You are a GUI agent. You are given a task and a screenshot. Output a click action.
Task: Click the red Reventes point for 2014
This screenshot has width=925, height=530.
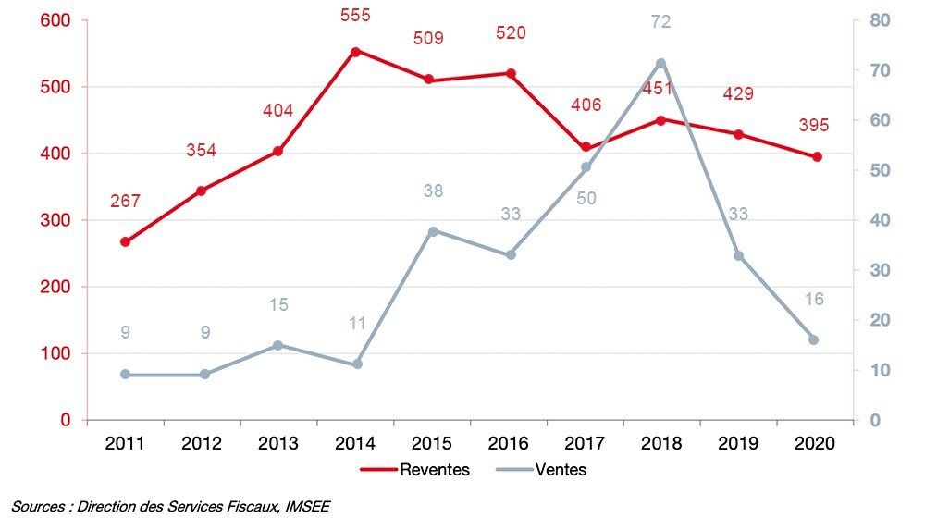pos(355,51)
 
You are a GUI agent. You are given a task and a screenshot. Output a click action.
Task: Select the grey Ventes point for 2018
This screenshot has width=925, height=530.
pos(661,63)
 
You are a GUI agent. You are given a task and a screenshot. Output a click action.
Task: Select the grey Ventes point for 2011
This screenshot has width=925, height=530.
pos(126,375)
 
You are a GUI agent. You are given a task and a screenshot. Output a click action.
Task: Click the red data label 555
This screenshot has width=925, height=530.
pos(354,15)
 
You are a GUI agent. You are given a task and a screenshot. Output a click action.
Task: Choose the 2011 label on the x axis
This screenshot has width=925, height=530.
pos(125,442)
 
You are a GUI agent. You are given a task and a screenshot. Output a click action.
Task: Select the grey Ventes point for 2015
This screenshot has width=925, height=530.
pos(433,230)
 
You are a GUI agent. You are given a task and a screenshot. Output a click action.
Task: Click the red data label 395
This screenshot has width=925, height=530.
pos(815,126)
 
